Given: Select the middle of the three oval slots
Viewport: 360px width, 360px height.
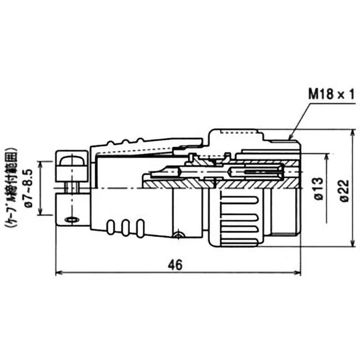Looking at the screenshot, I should (126, 227).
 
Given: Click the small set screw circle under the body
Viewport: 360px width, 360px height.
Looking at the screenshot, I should (180, 234).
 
